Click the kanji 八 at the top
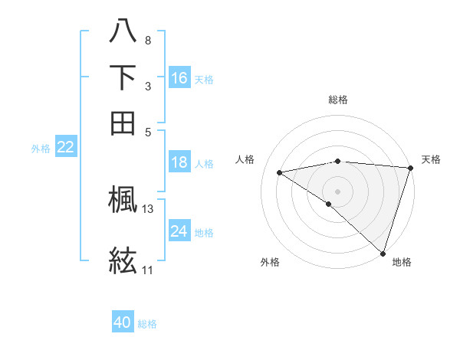[123, 31]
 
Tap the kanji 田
[123, 122]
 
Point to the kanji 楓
[123, 201]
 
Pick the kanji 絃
[123, 260]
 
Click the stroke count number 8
[147, 39]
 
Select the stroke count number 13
[148, 208]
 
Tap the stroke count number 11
[147, 270]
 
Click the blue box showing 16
[179, 78]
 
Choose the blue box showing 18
[179, 162]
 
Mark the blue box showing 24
[179, 231]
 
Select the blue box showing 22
[65, 147]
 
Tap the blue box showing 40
[123, 322]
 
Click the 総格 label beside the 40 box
[147, 324]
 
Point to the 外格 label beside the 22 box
[41, 149]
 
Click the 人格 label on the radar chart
[245, 159]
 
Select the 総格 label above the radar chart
[337, 100]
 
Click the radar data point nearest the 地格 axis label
[383, 253]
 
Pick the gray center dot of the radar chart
[337, 190]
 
